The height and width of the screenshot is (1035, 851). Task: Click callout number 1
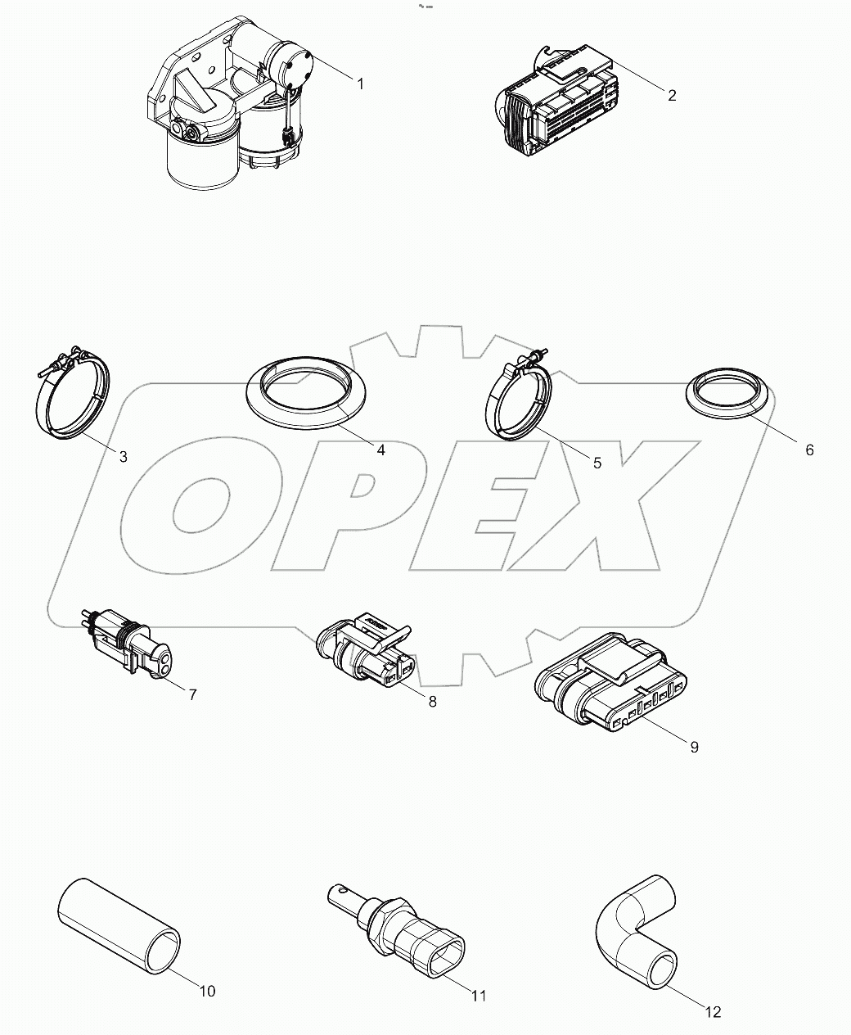click(x=359, y=83)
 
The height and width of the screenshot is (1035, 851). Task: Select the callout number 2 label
click(x=672, y=95)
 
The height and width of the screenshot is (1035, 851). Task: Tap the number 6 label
click(x=809, y=450)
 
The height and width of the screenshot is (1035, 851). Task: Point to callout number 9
click(x=694, y=747)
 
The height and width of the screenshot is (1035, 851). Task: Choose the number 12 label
click(x=713, y=1011)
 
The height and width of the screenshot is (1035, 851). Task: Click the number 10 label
click(x=207, y=991)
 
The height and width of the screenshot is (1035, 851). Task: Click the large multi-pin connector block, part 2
click(x=556, y=104)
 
